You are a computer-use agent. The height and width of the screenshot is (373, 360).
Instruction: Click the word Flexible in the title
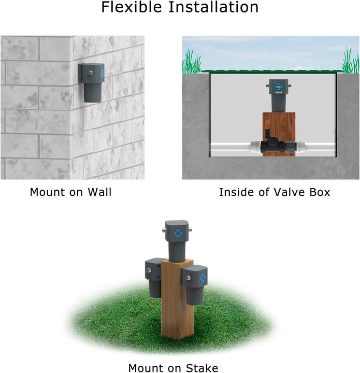(x=132, y=7)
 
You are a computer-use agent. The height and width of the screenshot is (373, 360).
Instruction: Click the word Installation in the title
(x=213, y=7)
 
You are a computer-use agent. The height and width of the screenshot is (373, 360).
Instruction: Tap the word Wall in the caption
(x=99, y=192)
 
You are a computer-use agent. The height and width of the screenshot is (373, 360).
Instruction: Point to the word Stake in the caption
(x=202, y=368)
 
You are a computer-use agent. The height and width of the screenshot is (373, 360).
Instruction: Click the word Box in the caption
(x=320, y=192)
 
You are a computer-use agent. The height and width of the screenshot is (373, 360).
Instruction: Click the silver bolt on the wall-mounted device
(x=90, y=73)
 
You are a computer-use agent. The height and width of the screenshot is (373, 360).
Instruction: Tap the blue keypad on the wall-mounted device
(x=102, y=73)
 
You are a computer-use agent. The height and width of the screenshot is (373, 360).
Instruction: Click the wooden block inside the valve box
(x=279, y=134)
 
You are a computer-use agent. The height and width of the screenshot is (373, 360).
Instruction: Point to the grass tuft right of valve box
(x=350, y=60)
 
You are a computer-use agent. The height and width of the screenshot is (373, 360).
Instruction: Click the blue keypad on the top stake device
(x=179, y=233)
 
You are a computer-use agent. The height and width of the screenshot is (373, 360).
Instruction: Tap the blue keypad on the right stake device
(x=203, y=278)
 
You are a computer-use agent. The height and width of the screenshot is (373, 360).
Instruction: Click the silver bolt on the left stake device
(x=149, y=270)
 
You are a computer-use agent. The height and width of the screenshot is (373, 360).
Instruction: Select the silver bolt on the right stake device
(x=188, y=278)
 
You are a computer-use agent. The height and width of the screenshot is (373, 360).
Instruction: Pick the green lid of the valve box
(x=271, y=70)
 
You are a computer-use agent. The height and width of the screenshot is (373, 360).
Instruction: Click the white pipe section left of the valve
(x=231, y=146)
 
